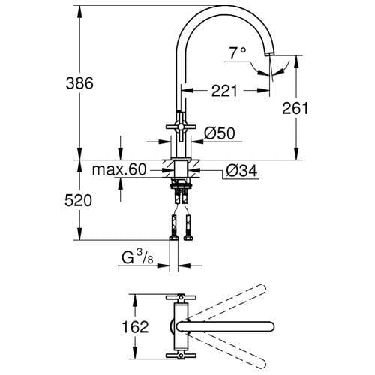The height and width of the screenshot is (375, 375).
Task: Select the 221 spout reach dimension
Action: pos(223,91)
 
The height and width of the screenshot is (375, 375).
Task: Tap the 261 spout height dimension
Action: pos(295,109)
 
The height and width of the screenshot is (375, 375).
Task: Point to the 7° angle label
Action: pos(238,53)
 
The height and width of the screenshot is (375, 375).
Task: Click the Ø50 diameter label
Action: pos(220,133)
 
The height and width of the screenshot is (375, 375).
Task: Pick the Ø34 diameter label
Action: pos(242,171)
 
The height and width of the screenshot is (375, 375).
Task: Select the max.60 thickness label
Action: pos(119,170)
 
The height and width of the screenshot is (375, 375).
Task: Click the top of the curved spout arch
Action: pos(225,10)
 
